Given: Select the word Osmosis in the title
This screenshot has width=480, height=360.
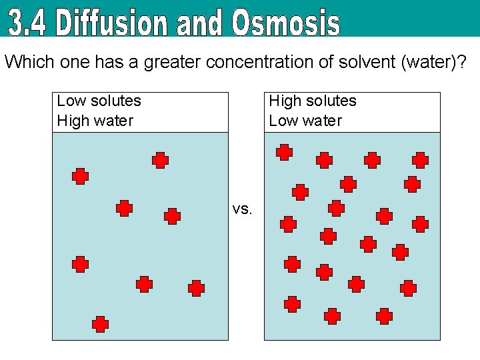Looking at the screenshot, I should click(286, 23).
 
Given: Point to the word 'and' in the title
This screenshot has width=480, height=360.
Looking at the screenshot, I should click(201, 25).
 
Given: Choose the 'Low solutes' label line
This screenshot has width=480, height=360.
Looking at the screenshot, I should click(99, 101).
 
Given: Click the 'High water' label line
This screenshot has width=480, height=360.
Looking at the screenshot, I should click(95, 121).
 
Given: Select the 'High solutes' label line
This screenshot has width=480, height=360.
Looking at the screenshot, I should click(312, 101).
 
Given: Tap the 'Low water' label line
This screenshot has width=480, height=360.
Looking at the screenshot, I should click(305, 121).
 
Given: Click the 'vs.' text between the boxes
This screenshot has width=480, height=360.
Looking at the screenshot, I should click(242, 209).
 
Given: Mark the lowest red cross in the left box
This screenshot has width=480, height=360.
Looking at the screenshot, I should click(100, 324).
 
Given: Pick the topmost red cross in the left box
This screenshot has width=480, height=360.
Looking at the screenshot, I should click(160, 160).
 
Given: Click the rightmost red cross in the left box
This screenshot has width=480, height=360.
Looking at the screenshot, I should click(196, 288).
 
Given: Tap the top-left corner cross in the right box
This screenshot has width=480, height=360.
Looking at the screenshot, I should click(285, 153).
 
